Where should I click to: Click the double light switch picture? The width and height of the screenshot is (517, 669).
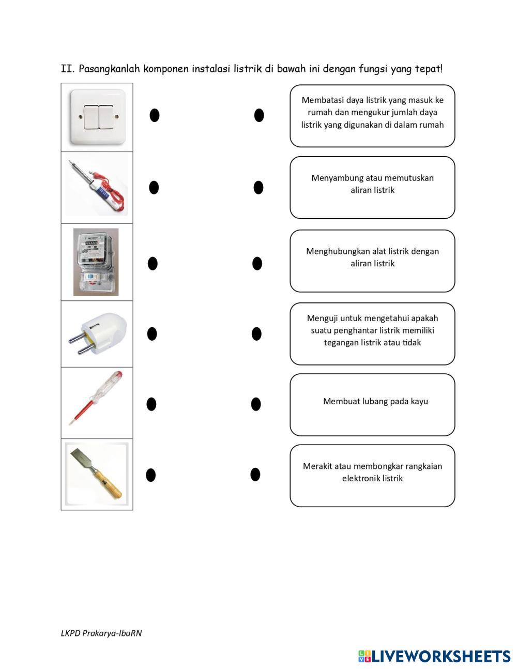point(98,117)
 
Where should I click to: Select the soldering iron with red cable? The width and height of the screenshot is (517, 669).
point(97,187)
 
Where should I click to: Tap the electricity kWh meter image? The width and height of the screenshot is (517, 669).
point(96,262)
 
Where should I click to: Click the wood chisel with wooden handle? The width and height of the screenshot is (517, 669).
point(96,474)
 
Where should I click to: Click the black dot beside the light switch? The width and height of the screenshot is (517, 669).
point(154,115)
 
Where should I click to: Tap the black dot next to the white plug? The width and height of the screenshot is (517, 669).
point(152,334)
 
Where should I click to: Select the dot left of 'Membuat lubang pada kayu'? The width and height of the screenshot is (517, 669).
point(255,404)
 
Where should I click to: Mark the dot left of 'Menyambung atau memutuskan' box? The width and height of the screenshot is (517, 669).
point(258,187)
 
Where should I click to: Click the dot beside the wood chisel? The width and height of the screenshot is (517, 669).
point(150,475)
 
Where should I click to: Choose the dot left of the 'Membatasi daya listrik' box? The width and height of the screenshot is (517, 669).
point(259,115)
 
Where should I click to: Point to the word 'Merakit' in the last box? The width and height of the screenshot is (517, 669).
point(317,466)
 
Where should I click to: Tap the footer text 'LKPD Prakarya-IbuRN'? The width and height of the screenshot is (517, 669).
point(101,633)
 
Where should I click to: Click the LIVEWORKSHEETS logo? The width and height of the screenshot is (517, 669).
point(434,656)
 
